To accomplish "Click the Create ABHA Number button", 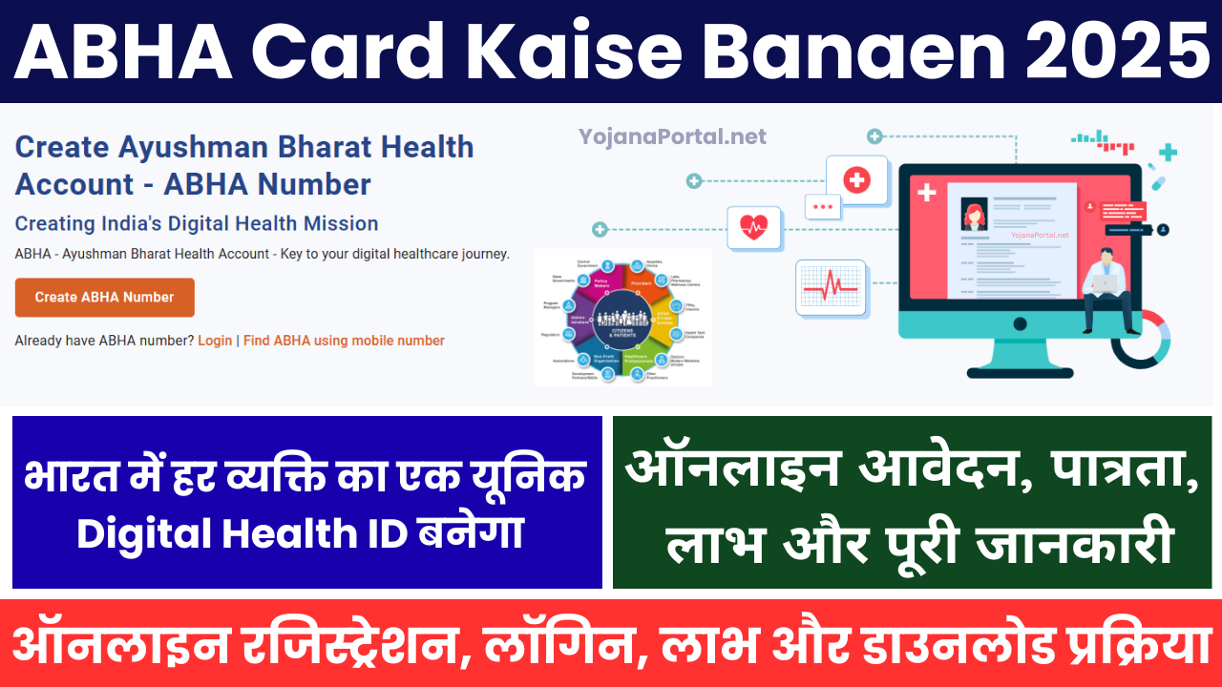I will (x=105, y=298).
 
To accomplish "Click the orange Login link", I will (x=215, y=341).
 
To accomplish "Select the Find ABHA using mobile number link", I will (x=344, y=341).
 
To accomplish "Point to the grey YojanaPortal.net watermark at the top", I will (x=672, y=137).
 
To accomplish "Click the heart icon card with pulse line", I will (x=753, y=228).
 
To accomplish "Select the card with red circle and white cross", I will (x=856, y=179).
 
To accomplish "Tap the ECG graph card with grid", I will (x=831, y=287).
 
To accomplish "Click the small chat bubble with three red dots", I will (x=822, y=205).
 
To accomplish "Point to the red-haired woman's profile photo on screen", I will (x=974, y=215).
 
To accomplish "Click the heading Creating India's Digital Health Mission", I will (x=197, y=223).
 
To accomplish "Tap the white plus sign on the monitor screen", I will (x=926, y=193).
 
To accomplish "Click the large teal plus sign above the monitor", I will (x=1168, y=152).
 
